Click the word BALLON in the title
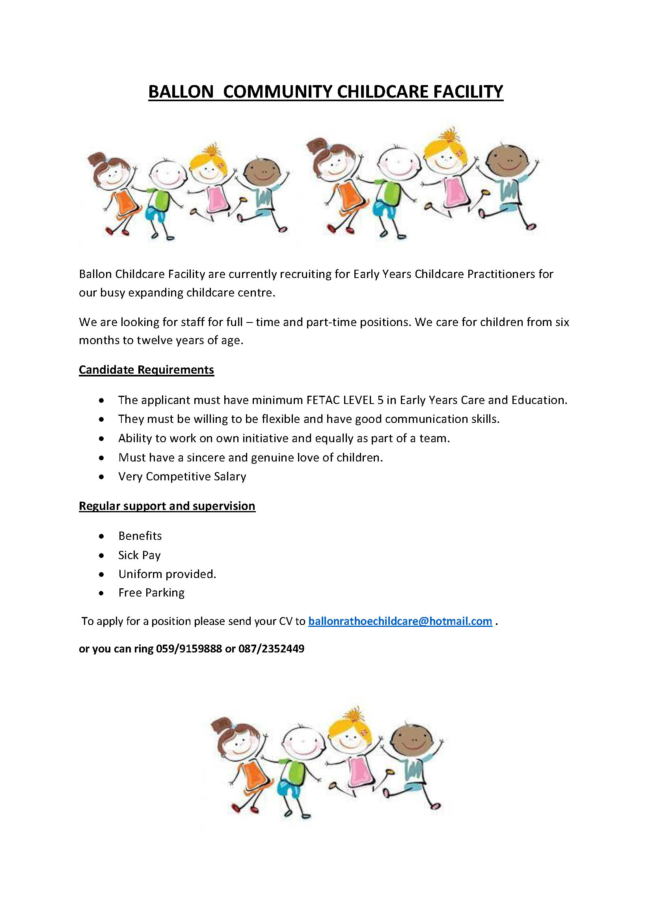tap(181, 92)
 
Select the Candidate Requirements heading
tap(146, 369)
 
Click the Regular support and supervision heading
tap(167, 506)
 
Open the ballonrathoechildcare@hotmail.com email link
tap(400, 621)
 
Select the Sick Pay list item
tap(139, 555)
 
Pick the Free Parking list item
tap(151, 593)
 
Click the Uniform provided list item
tap(167, 574)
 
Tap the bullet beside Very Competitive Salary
tap(102, 477)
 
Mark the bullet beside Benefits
tap(102, 536)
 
